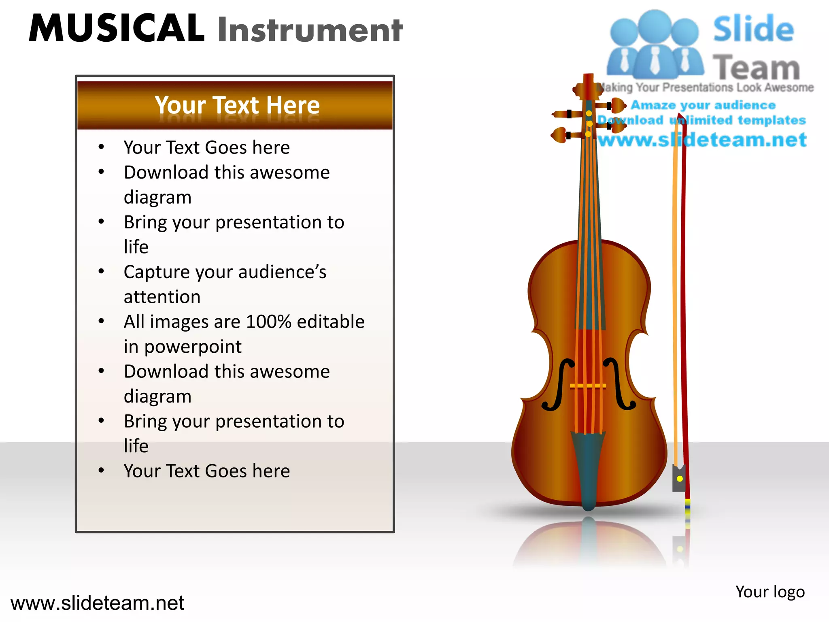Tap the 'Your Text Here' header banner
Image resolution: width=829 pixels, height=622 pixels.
coord(237,105)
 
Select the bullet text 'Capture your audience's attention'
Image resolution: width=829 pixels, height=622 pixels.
coord(225,284)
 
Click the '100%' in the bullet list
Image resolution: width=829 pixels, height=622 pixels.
coord(268,322)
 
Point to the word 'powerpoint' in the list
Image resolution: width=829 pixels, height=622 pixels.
coord(193,347)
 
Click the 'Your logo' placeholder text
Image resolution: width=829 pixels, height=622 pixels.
coord(770,592)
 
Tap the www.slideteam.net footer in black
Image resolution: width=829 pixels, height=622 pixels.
coord(97,603)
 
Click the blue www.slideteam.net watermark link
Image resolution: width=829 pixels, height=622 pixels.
coord(702,140)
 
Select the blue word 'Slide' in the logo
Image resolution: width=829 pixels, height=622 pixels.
coord(753,29)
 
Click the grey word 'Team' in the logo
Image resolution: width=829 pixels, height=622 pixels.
coord(756,68)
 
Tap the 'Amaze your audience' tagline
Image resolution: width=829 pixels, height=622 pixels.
coord(703,105)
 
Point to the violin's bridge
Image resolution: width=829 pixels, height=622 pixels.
coord(588,386)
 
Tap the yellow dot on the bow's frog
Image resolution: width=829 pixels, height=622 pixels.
coord(680,479)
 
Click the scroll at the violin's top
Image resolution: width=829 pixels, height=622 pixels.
coord(588,86)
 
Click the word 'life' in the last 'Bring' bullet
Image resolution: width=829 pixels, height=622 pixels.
coord(136,446)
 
